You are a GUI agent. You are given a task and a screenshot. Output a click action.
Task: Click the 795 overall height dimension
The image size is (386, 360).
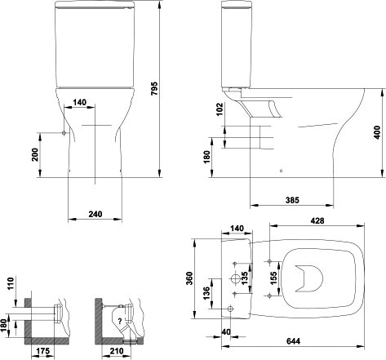tap(154, 88)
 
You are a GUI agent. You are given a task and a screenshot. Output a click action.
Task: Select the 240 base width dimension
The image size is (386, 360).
tap(95, 214)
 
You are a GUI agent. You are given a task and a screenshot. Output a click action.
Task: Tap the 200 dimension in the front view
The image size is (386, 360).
tap(35, 155)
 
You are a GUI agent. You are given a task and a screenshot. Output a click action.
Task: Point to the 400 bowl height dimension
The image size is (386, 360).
tap(377, 132)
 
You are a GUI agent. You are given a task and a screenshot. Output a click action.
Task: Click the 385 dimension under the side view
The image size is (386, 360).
tap(292, 200)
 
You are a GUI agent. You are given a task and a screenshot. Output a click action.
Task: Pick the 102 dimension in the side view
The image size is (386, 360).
tap(220, 109)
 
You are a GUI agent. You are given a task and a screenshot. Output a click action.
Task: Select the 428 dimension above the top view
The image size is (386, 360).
tap(317, 220)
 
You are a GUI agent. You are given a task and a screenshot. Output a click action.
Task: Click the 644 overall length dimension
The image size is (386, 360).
tap(293, 341)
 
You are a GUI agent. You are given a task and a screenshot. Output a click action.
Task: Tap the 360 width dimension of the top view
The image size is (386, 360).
tap(189, 278)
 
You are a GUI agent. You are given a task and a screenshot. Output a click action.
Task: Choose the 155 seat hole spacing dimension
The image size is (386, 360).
tap(273, 278)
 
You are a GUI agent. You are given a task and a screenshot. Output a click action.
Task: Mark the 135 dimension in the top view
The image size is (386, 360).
tap(244, 278)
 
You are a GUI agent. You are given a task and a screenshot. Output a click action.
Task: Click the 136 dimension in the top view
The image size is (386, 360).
tap(206, 293)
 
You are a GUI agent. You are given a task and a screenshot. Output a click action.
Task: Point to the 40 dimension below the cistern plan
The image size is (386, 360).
tap(226, 332)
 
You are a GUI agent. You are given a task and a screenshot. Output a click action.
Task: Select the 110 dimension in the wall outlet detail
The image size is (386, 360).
tap(11, 283)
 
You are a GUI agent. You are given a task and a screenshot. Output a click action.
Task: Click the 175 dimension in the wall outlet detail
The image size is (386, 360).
tap(43, 351)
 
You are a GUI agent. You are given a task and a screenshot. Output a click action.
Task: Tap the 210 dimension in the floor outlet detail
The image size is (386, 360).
tap(117, 351)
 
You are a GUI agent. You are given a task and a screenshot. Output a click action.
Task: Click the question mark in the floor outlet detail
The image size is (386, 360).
tap(120, 321)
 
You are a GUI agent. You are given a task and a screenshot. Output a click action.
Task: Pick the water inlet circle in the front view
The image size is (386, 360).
tap(64, 133)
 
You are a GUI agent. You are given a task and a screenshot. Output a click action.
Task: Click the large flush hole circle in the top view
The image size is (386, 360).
tap(236, 278)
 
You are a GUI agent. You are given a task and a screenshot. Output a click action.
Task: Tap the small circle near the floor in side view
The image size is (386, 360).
tap(282, 171)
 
